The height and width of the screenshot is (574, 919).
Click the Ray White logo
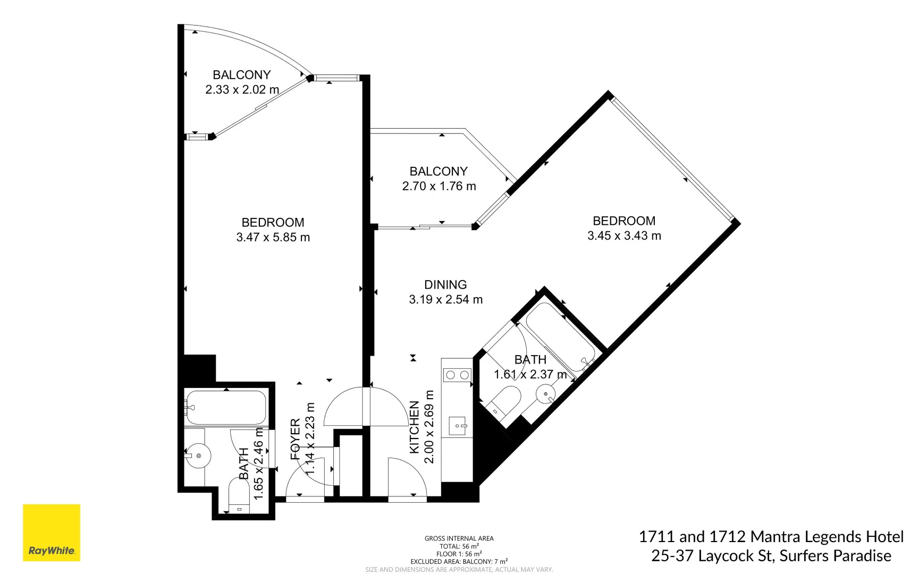point(52,533)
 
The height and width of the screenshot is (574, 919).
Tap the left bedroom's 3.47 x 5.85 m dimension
point(273,238)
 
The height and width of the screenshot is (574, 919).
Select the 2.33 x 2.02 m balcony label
point(242,90)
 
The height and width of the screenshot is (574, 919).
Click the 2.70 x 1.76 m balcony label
point(439,187)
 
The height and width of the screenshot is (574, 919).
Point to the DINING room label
point(445,285)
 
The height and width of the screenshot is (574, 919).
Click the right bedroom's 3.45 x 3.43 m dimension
point(624,236)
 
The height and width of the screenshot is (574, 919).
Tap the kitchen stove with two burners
point(457,375)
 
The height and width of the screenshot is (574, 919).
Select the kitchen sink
point(458,426)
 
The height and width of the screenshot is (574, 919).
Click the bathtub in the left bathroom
point(226,408)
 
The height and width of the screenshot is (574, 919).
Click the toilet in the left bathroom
point(239,496)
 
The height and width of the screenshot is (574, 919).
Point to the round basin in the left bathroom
point(198,456)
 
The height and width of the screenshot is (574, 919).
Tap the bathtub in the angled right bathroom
point(560,337)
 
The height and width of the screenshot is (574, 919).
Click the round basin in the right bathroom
point(545,394)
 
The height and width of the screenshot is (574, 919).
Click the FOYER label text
point(296,438)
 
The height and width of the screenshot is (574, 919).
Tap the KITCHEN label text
point(415,427)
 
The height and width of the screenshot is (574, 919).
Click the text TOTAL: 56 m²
point(459,546)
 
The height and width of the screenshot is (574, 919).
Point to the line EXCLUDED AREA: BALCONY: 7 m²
point(459,561)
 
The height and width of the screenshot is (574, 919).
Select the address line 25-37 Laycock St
point(771,556)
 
